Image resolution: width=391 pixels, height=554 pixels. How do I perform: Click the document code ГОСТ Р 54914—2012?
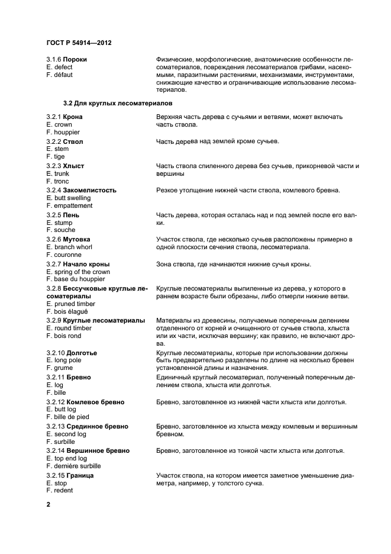[79, 43]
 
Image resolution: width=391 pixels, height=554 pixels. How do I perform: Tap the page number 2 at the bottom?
[49, 505]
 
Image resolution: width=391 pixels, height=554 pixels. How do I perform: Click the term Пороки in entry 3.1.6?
[76, 60]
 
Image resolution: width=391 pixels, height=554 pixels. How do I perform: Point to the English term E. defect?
[59, 67]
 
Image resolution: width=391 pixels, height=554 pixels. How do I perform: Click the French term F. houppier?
[63, 132]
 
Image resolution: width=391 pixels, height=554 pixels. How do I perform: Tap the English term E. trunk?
[58, 173]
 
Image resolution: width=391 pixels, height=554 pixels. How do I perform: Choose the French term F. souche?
[61, 230]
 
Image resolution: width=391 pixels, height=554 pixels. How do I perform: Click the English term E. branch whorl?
[71, 246]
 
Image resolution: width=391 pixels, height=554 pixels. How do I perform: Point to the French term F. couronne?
[64, 254]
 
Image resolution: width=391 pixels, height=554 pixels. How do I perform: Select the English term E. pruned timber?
[70, 303]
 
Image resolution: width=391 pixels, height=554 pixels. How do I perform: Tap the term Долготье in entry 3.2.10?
[82, 352]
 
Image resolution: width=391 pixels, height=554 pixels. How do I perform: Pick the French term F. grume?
[60, 368]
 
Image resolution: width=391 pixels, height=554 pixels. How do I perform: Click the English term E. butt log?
[61, 410]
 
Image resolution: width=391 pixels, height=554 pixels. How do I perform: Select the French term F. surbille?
[61, 442]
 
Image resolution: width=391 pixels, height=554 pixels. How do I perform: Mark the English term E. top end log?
[66, 459]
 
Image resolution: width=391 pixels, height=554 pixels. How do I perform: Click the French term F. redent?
[60, 491]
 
